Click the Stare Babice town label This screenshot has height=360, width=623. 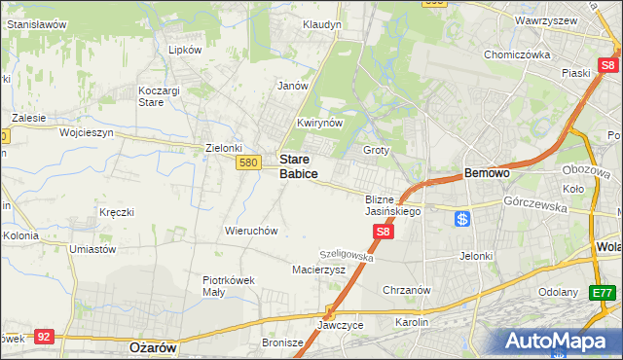(x=299, y=165)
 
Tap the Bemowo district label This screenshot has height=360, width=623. (x=487, y=172)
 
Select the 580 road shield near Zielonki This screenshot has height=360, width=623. (x=247, y=162)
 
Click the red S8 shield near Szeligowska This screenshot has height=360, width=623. (x=384, y=232)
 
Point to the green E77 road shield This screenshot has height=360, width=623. (x=603, y=292)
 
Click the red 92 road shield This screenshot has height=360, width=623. (x=43, y=336)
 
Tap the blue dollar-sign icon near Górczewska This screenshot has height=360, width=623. (x=462, y=219)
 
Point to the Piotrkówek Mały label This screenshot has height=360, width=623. (x=229, y=285)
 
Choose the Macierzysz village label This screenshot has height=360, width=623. (x=319, y=270)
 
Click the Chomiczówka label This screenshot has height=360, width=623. (x=518, y=54)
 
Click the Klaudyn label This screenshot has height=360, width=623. (x=321, y=23)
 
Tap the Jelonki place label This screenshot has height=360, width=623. (x=476, y=256)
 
